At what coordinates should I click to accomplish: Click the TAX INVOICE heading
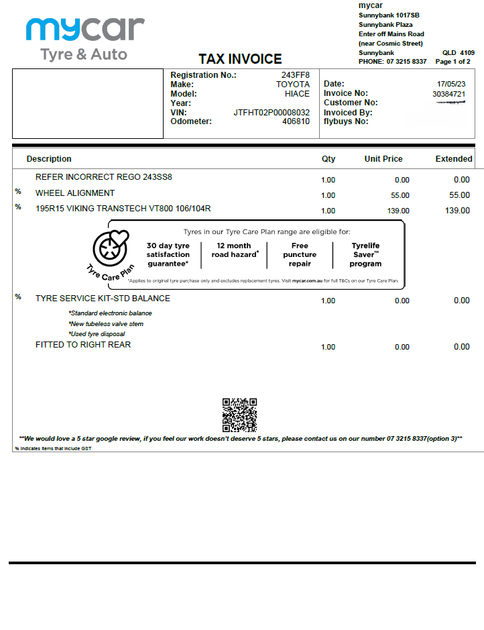pyautogui.click(x=240, y=59)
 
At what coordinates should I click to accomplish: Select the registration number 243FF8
pyautogui.click(x=295, y=75)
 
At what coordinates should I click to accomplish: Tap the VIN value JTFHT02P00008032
pyautogui.click(x=271, y=113)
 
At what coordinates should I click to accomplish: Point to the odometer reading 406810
pyautogui.click(x=296, y=121)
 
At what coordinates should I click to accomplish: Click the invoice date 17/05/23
pyautogui.click(x=451, y=84)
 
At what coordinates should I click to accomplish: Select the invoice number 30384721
pyautogui.click(x=448, y=94)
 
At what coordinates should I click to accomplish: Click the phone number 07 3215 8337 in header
pyautogui.click(x=406, y=62)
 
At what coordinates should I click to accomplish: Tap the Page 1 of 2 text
pyautogui.click(x=452, y=62)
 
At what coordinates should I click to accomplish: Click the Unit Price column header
pyautogui.click(x=383, y=159)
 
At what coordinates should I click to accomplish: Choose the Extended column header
pyautogui.click(x=454, y=159)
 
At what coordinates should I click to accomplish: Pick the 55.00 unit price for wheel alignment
pyautogui.click(x=400, y=195)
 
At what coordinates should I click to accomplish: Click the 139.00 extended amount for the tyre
pyautogui.click(x=457, y=211)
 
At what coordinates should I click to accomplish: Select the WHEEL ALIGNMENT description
pyautogui.click(x=75, y=193)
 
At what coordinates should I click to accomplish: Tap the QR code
pyautogui.click(x=239, y=415)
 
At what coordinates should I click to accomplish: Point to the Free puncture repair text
pyautogui.click(x=300, y=255)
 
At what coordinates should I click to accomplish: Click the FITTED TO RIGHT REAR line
pyautogui.click(x=83, y=345)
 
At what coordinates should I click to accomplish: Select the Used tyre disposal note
pyautogui.click(x=97, y=334)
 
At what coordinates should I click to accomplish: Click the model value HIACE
pyautogui.click(x=297, y=94)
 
